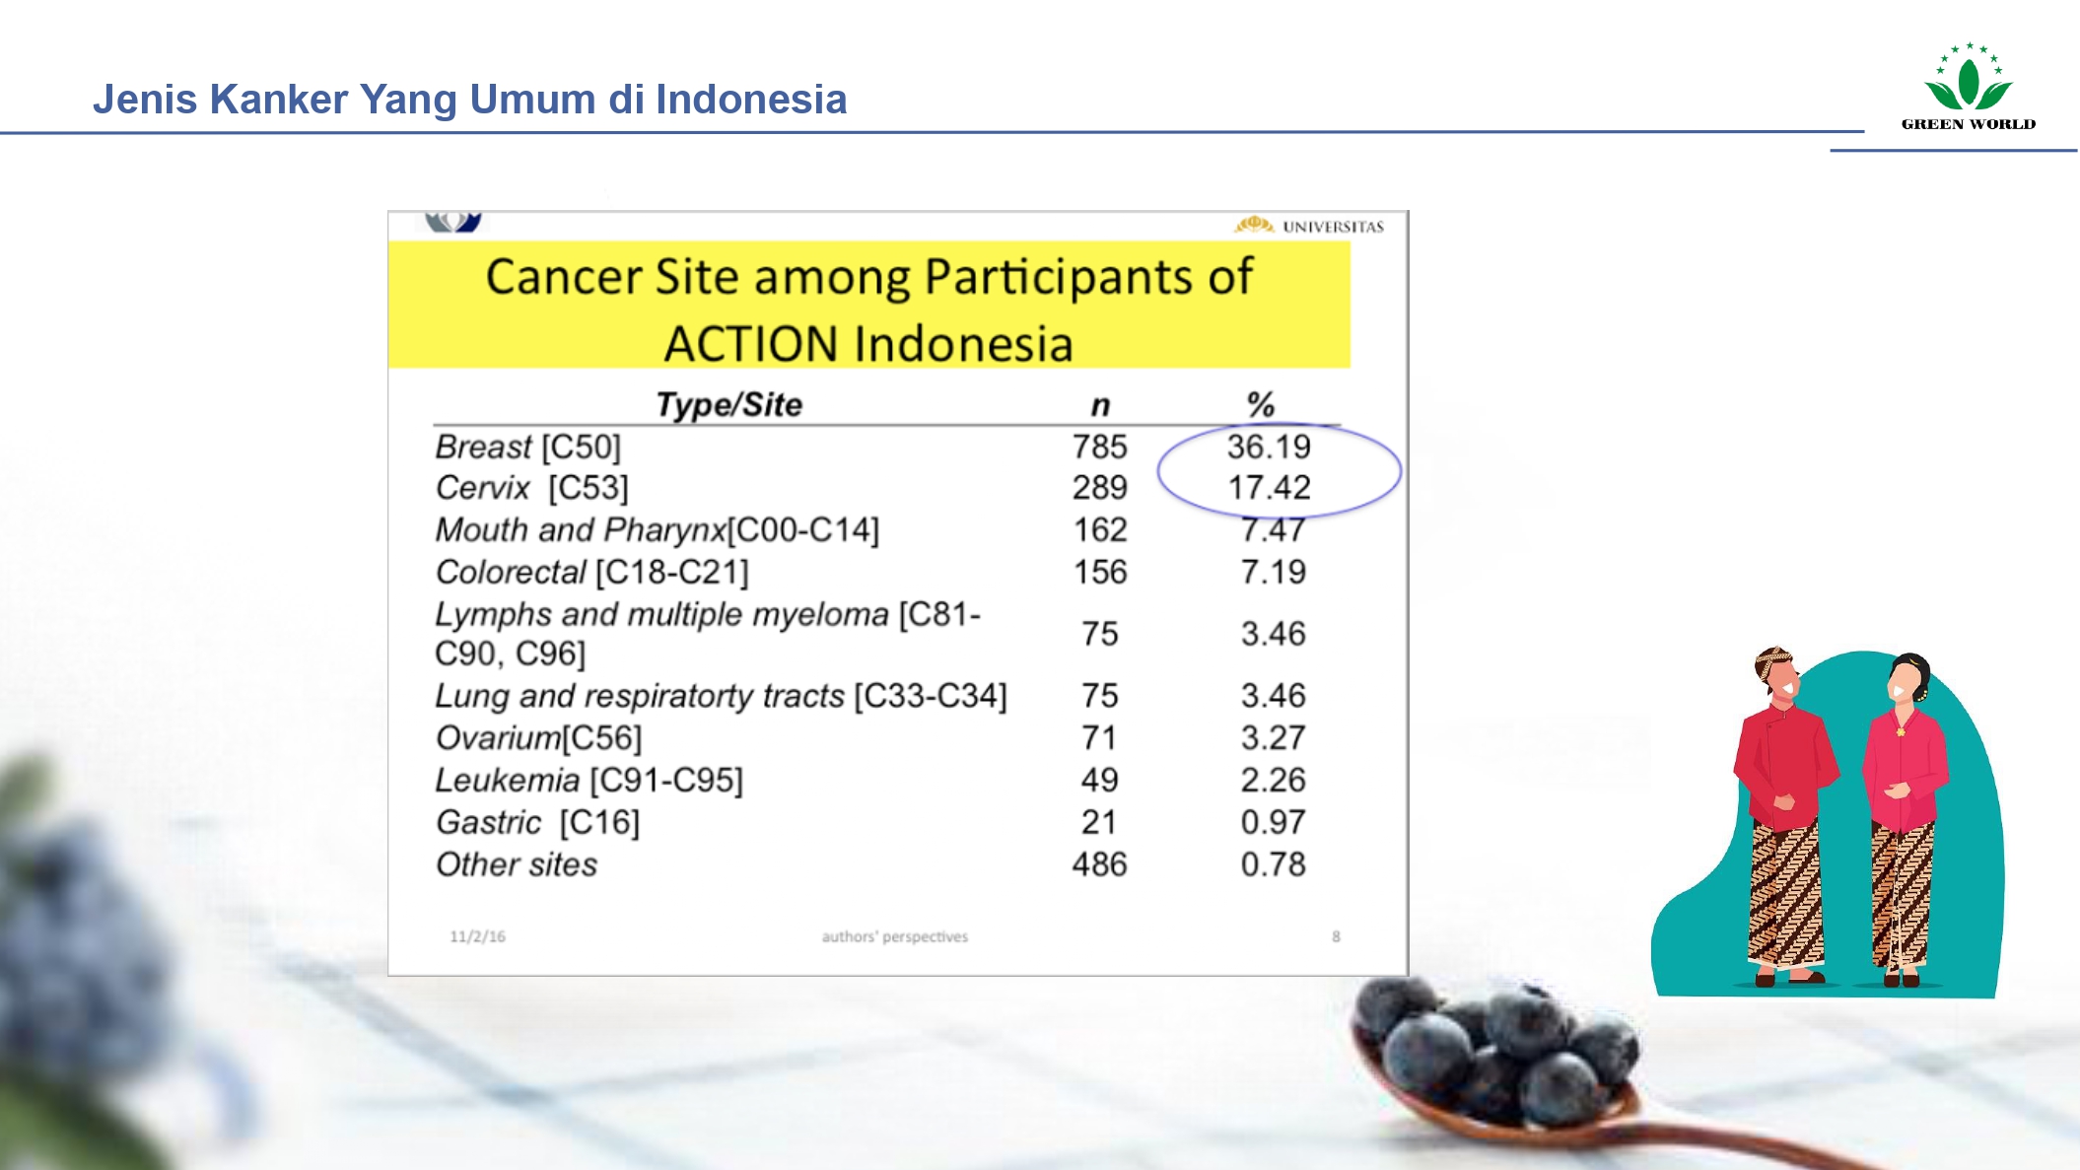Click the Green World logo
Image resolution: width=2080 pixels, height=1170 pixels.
[1968, 87]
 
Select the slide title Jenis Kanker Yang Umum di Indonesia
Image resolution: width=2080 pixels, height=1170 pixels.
[470, 100]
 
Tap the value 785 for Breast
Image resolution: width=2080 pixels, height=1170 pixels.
[1099, 447]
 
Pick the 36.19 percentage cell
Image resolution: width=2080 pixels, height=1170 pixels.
[1269, 447]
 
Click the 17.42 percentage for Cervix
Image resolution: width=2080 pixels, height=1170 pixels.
[1269, 488]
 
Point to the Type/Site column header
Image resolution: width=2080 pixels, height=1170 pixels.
[729, 405]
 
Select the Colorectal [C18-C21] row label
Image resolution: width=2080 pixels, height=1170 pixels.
[592, 573]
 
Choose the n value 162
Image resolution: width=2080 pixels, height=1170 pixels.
[1100, 530]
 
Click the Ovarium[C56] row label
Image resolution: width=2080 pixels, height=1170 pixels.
[539, 738]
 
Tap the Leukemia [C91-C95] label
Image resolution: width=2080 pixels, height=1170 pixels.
[589, 781]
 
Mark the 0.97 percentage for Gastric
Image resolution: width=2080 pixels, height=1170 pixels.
[1273, 823]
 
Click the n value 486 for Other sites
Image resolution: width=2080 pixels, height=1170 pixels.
[1099, 865]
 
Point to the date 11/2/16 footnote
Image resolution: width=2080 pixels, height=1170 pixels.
[477, 936]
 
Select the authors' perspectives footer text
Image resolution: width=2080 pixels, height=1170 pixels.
[895, 936]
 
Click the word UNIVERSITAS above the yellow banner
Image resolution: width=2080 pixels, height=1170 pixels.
[1333, 227]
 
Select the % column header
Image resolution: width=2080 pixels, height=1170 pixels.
[1261, 405]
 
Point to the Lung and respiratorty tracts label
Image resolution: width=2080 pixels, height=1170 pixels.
[640, 696]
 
